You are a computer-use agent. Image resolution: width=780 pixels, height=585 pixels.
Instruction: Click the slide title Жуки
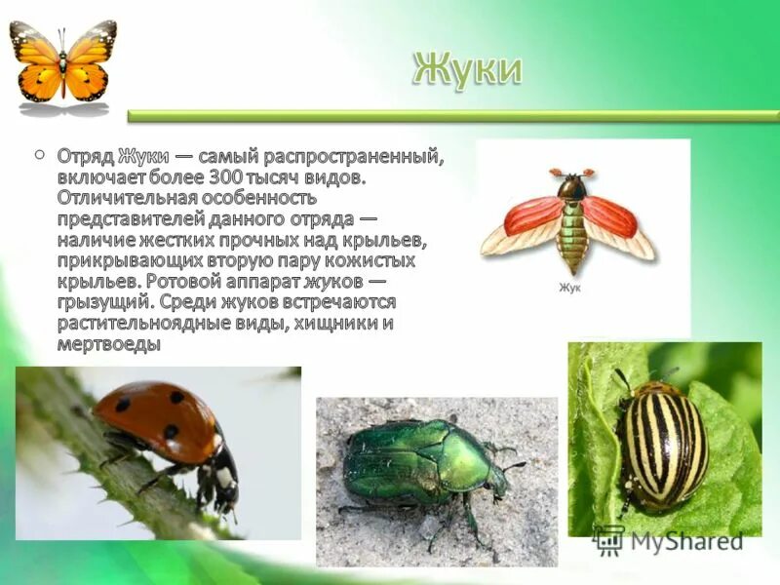pyautogui.click(x=466, y=70)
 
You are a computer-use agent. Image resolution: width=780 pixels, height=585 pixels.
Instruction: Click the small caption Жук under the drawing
pyautogui.click(x=570, y=288)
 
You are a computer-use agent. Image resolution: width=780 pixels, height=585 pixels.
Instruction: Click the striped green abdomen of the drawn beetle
pyautogui.click(x=572, y=240)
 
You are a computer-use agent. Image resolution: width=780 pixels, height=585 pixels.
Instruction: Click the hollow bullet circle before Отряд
pyautogui.click(x=39, y=154)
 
